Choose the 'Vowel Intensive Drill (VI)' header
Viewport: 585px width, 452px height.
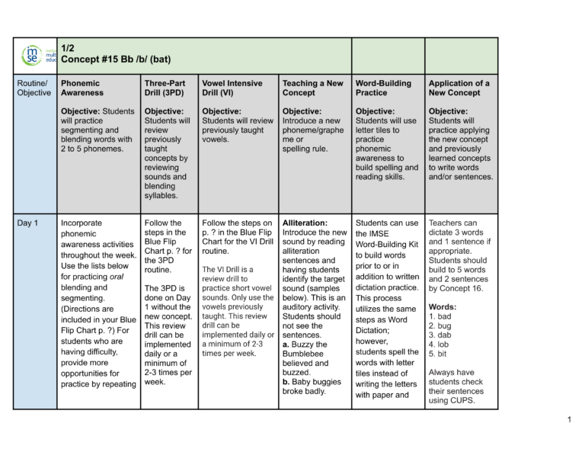pos(232,88)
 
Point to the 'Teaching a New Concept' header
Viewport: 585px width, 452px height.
pos(312,88)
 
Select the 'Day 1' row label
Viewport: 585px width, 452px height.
pos(30,223)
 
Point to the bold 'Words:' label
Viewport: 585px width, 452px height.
pos(443,306)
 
